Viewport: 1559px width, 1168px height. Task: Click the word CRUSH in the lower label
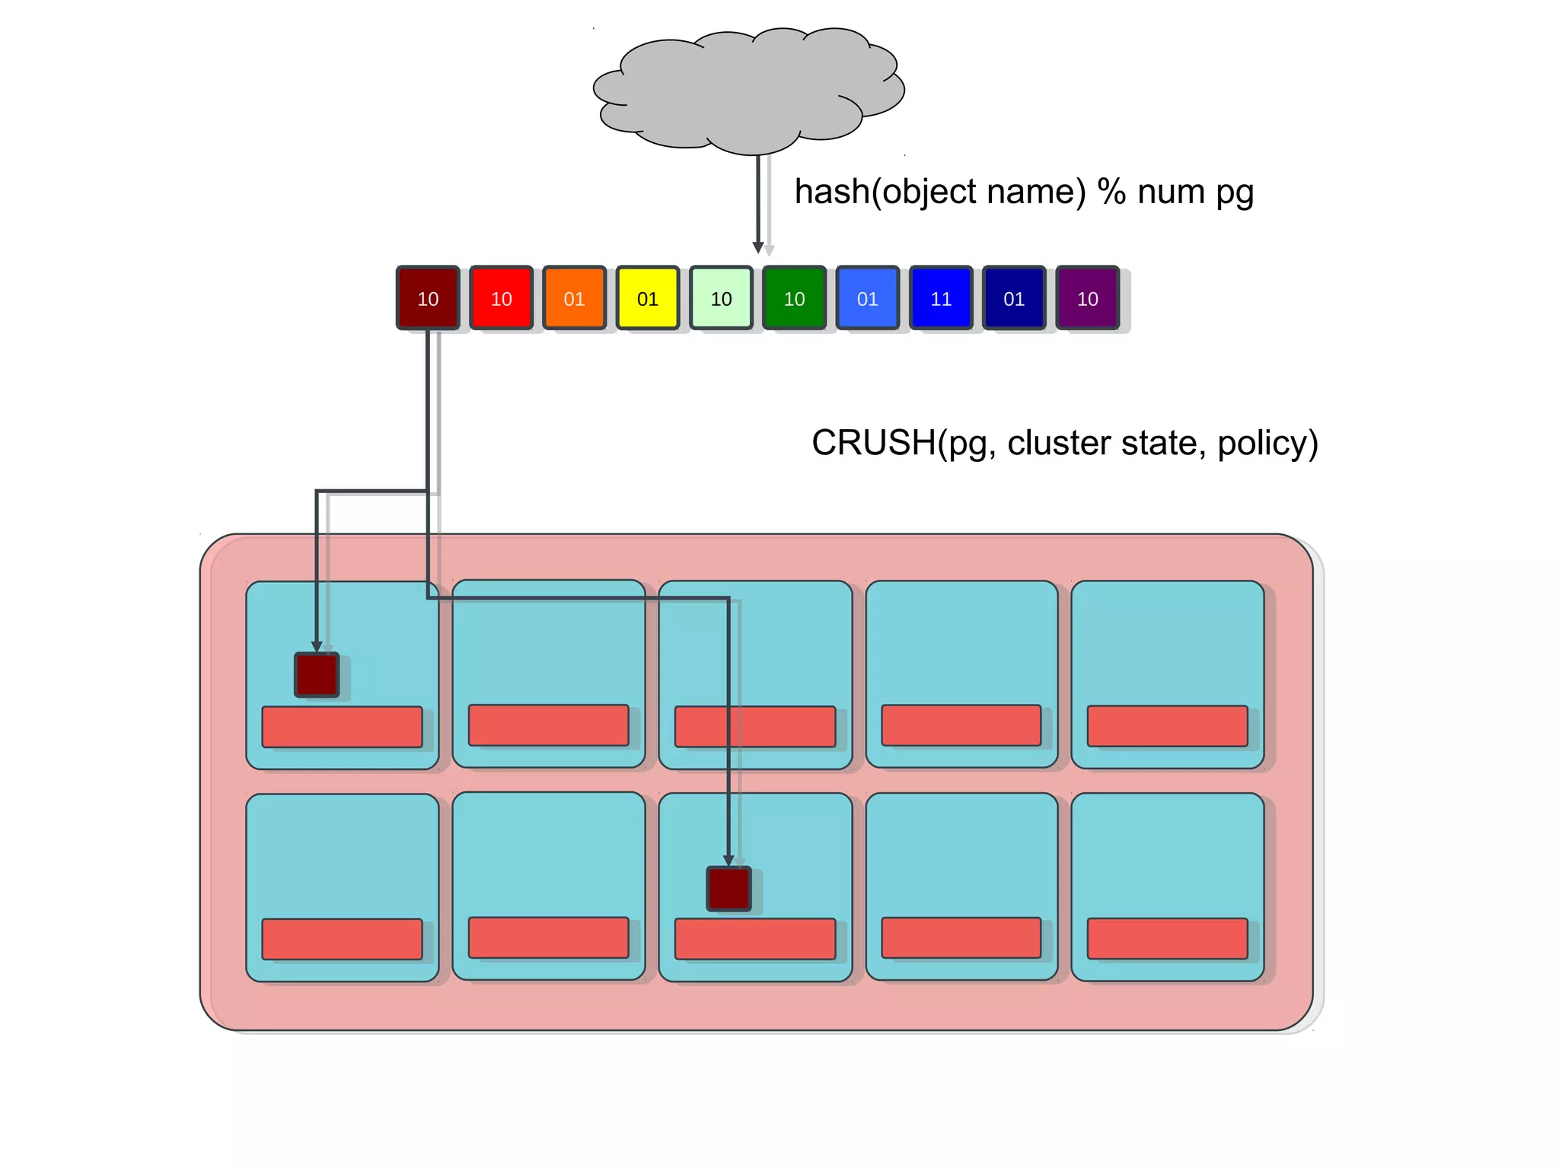[x=872, y=443]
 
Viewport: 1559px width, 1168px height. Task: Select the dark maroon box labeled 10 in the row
[x=428, y=298]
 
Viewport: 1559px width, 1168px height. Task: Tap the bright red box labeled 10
[x=501, y=298]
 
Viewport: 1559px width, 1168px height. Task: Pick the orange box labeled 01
[x=574, y=298]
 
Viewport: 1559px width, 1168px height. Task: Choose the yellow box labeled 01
[x=647, y=298]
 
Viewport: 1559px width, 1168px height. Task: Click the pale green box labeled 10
[x=721, y=298]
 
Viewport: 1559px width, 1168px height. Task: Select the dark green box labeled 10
[x=794, y=298]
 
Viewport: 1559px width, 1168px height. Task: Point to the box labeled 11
[x=941, y=298]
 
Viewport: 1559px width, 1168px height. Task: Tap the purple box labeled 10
[x=1087, y=298]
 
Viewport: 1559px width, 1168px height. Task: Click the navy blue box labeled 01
[x=1014, y=298]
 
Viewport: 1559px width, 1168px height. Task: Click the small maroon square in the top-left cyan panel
[x=317, y=675]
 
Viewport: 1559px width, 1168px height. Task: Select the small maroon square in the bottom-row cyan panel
[x=728, y=889]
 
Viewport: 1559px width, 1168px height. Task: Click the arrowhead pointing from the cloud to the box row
[x=758, y=247]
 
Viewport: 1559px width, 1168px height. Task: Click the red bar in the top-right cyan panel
[x=1167, y=726]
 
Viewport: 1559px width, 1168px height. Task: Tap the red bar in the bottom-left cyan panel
[x=342, y=939]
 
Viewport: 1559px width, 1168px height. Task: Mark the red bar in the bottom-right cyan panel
[x=1167, y=938]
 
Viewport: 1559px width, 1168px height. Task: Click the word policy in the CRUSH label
[x=1267, y=443]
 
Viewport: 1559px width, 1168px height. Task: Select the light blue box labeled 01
[x=867, y=298]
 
